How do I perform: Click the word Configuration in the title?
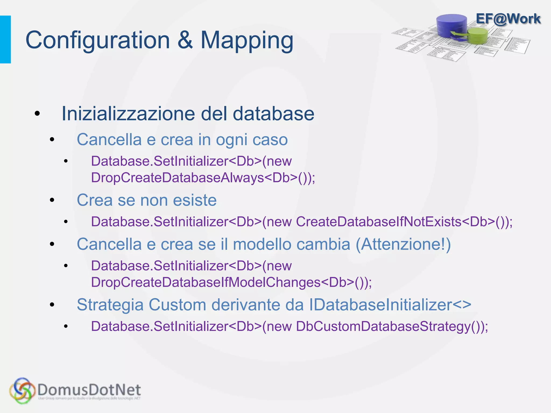(98, 40)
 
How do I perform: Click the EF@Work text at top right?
(508, 19)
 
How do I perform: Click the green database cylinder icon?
(478, 36)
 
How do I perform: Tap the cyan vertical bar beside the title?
(5, 40)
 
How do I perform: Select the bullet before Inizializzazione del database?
(37, 114)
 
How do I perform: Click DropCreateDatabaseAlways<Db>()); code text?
(203, 178)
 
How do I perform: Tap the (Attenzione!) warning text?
(403, 244)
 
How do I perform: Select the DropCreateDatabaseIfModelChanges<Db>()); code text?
(231, 282)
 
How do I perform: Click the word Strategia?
(110, 305)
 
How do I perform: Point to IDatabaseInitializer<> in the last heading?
(390, 305)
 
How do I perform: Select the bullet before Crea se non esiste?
(52, 200)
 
